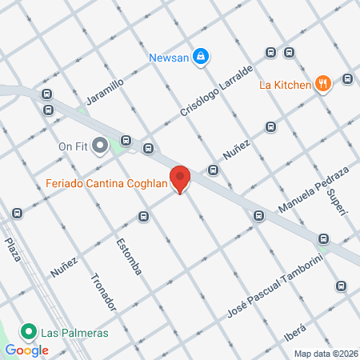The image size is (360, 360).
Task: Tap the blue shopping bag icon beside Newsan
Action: pos(202,56)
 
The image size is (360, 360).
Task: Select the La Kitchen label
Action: pos(284,85)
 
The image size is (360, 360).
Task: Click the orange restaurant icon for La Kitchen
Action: pos(323,84)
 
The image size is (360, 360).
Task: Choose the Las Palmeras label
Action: pos(76,332)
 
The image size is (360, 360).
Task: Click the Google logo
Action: pos(27,350)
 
